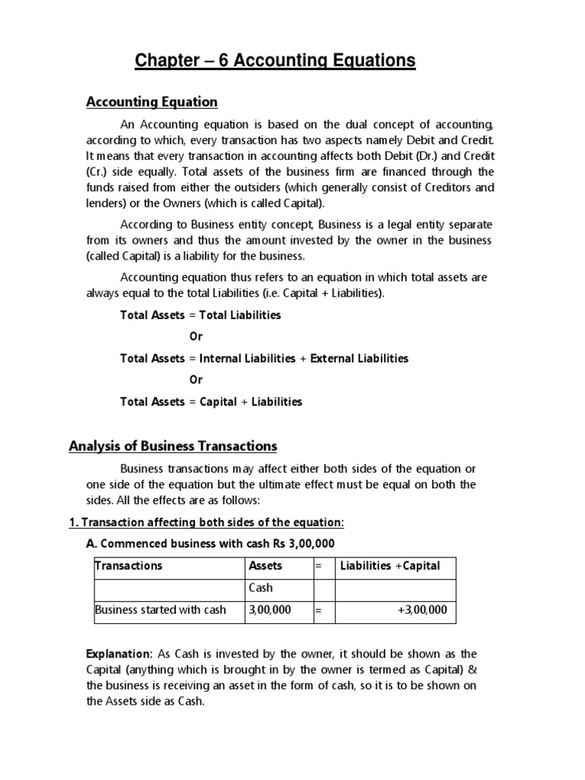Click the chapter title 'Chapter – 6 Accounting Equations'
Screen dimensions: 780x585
[x=275, y=60]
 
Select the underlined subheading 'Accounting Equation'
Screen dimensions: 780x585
[x=152, y=102]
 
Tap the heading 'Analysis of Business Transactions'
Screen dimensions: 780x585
[x=173, y=446]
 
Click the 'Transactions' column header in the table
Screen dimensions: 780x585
[x=129, y=566]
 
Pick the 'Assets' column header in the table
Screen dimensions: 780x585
[x=265, y=566]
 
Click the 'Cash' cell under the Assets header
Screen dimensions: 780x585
[x=261, y=588]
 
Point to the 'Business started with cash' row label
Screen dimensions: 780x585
[x=160, y=610]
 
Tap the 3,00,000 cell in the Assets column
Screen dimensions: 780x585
[x=270, y=610]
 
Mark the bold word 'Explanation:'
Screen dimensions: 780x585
[x=119, y=654]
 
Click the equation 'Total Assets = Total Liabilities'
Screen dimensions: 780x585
[x=200, y=315]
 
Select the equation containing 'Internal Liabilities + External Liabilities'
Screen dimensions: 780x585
[x=264, y=358]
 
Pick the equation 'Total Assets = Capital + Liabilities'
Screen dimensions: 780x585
[x=211, y=401]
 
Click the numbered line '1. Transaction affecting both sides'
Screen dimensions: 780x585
[x=206, y=522]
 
